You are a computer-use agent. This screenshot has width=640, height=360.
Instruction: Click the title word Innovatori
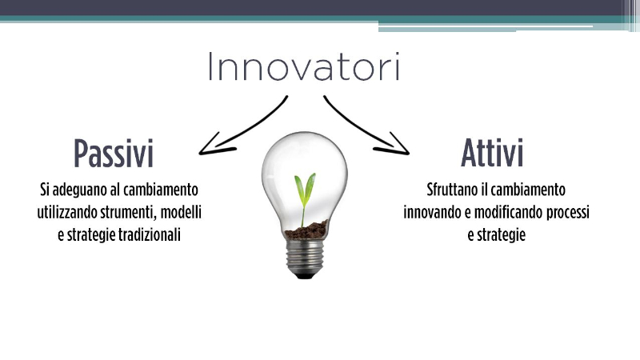pyautogui.click(x=304, y=66)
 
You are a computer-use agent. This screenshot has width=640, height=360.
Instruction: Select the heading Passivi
pyautogui.click(x=114, y=154)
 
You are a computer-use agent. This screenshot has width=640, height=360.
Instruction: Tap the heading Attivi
pyautogui.click(x=492, y=154)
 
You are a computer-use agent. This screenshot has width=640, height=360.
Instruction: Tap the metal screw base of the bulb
pyautogui.click(x=305, y=258)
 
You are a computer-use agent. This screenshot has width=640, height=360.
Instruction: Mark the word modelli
pyautogui.click(x=181, y=213)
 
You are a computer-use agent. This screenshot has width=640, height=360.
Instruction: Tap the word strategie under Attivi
pyautogui.click(x=501, y=236)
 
